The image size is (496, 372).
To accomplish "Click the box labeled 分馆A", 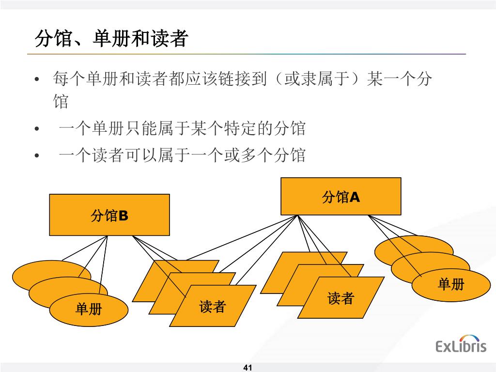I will coord(341,196).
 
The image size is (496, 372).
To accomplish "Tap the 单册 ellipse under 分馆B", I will coord(89,309).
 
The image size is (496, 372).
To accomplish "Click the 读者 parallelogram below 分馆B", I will coord(213,306).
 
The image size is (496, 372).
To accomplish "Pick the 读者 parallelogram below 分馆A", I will coord(341,298).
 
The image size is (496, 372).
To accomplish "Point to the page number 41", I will coord(248,368).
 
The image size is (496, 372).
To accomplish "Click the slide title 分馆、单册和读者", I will coord(111,39).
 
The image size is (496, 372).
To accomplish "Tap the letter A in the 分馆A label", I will coord(355,196).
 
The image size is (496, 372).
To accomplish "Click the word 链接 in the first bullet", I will coord(235,78).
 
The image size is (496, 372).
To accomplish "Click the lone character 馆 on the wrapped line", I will coord(61,102).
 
